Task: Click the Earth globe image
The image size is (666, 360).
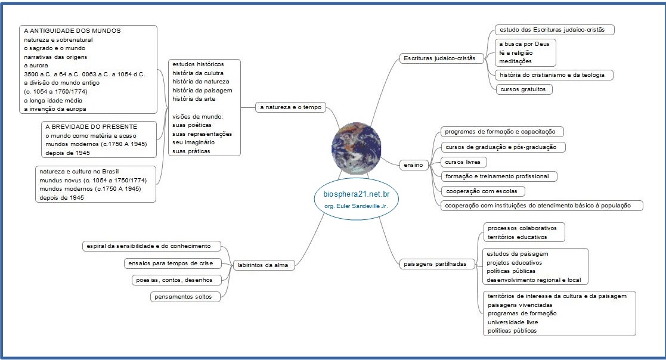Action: pos(356,149)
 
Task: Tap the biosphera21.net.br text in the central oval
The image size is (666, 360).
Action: pos(357,195)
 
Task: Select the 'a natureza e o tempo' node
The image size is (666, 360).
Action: pos(290,107)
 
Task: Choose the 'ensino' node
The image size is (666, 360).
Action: pos(413,163)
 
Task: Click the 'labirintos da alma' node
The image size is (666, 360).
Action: pos(263,265)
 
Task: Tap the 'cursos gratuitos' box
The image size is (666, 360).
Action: pos(523,89)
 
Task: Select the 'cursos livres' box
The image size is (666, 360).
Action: pos(464,162)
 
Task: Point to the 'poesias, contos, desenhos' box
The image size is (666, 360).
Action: pos(176,280)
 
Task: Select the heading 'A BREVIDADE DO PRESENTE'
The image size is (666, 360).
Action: pos(91,126)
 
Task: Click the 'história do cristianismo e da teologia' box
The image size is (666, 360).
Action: pos(553,75)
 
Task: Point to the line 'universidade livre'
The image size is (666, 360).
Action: pos(512,322)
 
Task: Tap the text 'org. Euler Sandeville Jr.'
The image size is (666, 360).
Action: pos(357,206)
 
